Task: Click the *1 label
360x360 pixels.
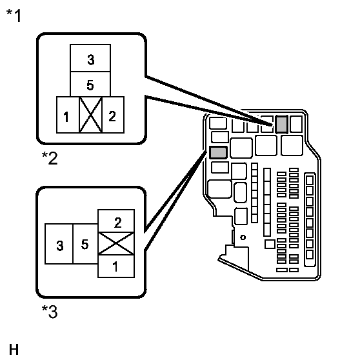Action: tap(14, 15)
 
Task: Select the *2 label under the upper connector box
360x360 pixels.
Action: tap(50, 158)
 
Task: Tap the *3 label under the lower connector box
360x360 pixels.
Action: tap(50, 312)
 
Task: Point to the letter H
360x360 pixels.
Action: tap(14, 350)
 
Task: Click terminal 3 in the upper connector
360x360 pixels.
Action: tap(90, 58)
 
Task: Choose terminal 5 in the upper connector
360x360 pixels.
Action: tap(90, 84)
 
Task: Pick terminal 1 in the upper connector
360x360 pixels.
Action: tap(68, 115)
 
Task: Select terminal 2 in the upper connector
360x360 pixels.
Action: tap(113, 115)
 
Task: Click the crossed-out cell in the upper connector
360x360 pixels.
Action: tap(90, 115)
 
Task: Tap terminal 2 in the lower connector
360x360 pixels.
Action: tap(116, 221)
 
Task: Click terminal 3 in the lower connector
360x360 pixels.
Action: tap(59, 244)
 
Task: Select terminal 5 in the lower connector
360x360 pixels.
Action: tap(85, 244)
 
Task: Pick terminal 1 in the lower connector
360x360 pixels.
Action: tap(116, 266)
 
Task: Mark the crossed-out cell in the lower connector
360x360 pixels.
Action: tap(116, 244)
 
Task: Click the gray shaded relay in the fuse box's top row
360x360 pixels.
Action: tap(281, 125)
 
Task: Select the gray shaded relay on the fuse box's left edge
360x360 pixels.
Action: tap(218, 152)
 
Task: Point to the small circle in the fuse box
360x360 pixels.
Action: tap(243, 237)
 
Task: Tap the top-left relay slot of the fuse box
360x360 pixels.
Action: tap(218, 123)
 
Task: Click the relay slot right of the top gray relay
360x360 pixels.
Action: tap(296, 125)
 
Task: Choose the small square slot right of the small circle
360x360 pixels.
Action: tap(270, 244)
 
